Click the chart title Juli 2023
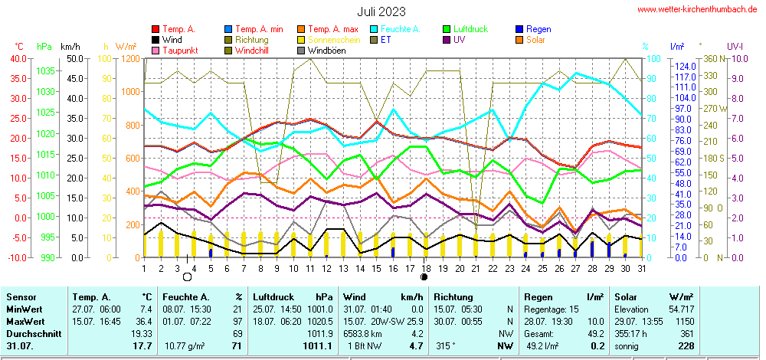click(x=381, y=11)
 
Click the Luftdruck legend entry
click(x=469, y=29)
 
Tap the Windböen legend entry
click(x=326, y=51)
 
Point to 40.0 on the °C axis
click(x=14, y=58)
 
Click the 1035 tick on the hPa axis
click(x=45, y=70)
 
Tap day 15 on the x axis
click(x=376, y=268)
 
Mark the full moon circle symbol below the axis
click(x=187, y=277)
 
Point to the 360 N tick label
click(x=709, y=58)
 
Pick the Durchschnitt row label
click(x=29, y=335)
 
